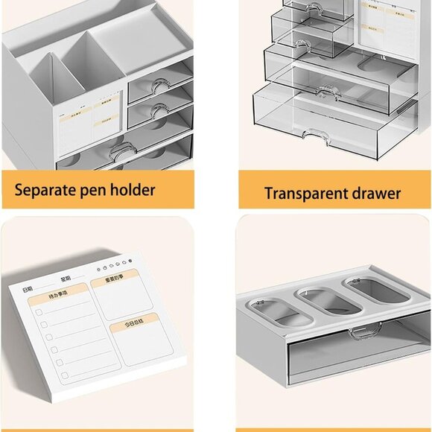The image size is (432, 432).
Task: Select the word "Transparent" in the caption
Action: click(x=304, y=194)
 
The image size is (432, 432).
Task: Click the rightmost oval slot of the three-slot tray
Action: click(x=376, y=290)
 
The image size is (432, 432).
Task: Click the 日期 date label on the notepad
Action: click(x=28, y=289)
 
